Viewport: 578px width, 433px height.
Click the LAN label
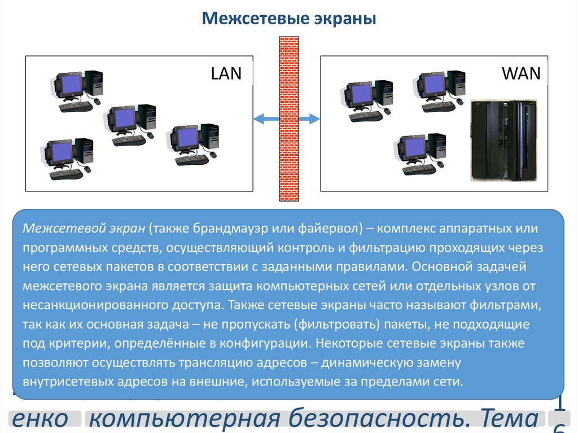(226, 73)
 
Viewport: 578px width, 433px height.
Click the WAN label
(520, 73)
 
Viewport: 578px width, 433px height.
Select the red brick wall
(289, 119)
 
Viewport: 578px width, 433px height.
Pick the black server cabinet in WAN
(503, 140)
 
